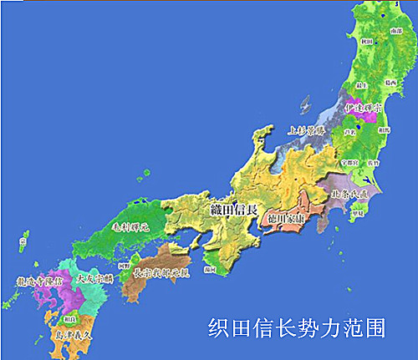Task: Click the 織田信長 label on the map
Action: (230, 206)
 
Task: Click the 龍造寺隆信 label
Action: (37, 282)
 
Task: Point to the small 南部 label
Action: (395, 31)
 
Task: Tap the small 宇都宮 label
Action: (351, 152)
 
